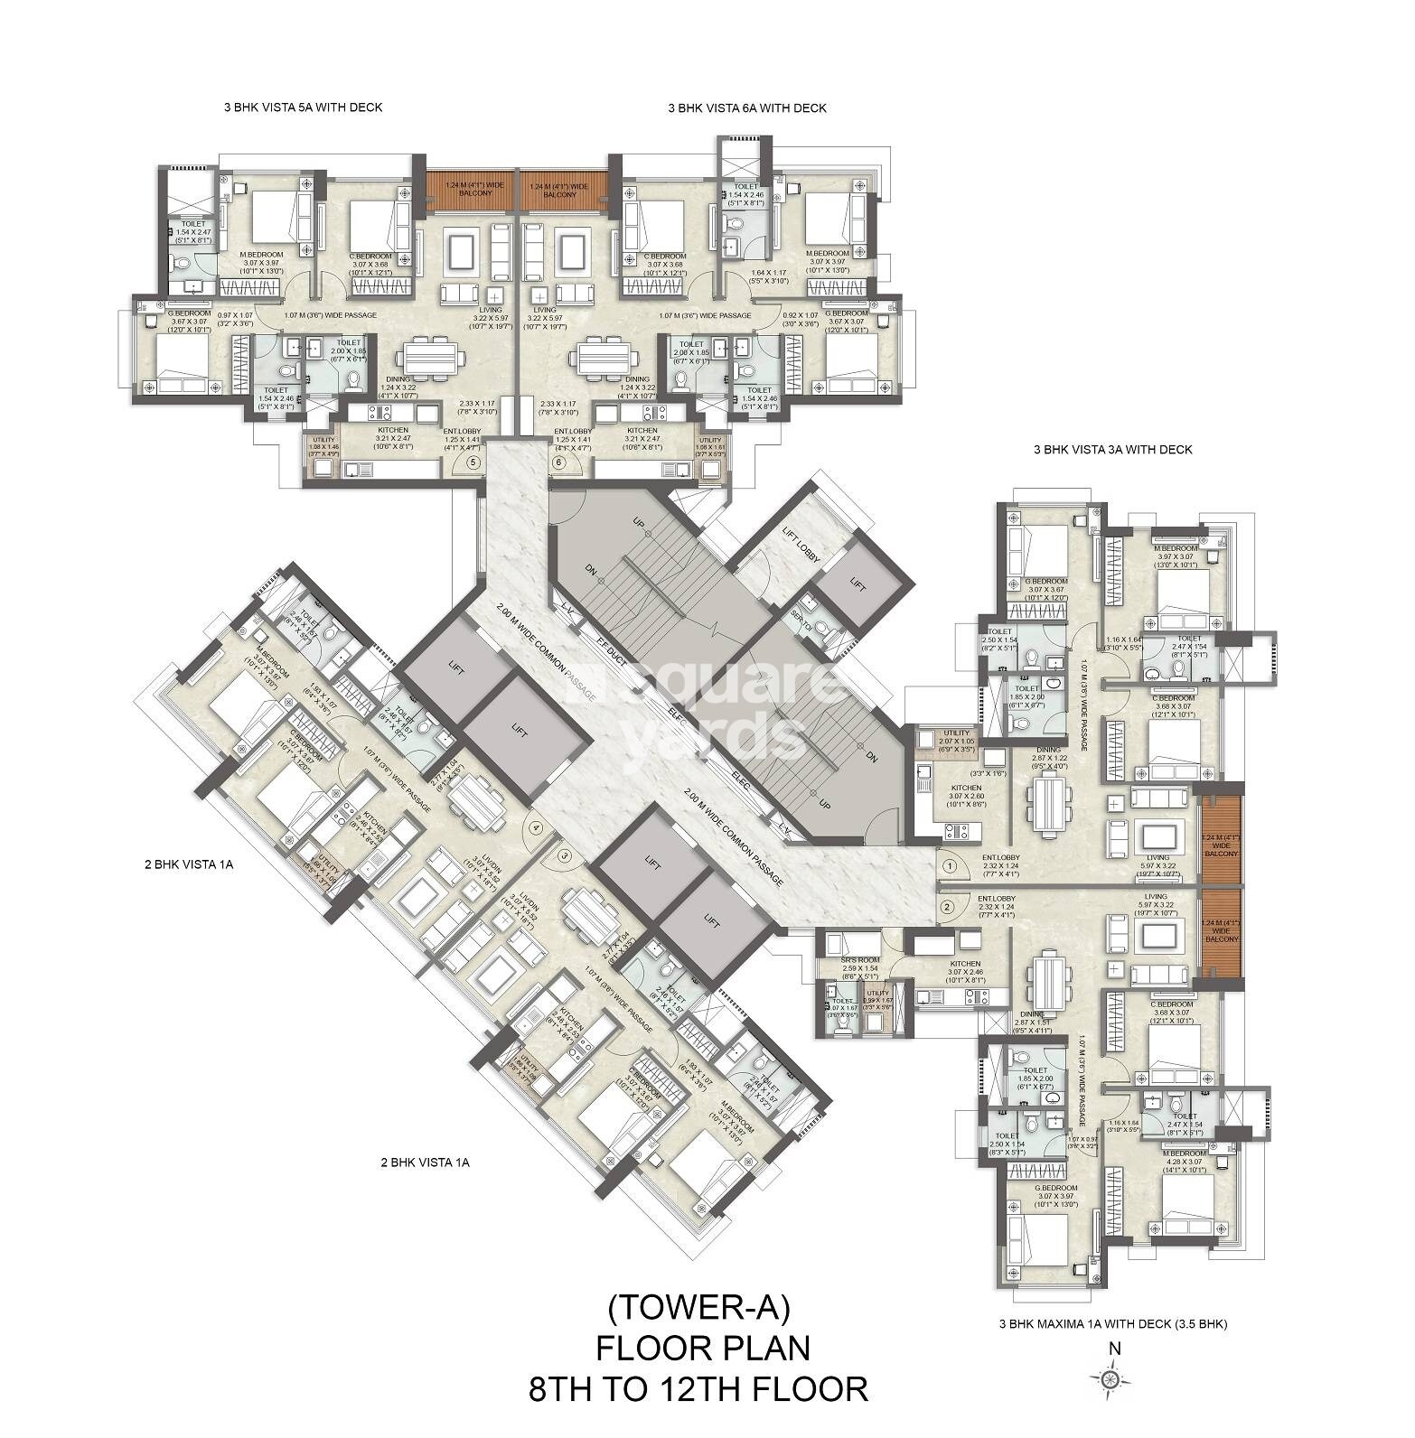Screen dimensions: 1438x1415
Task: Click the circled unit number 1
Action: (x=948, y=864)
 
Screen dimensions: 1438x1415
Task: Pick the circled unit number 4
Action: (x=536, y=826)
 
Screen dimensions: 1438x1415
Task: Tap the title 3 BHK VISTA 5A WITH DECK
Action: (x=303, y=107)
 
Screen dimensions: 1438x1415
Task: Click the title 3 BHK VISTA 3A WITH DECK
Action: (x=1112, y=449)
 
